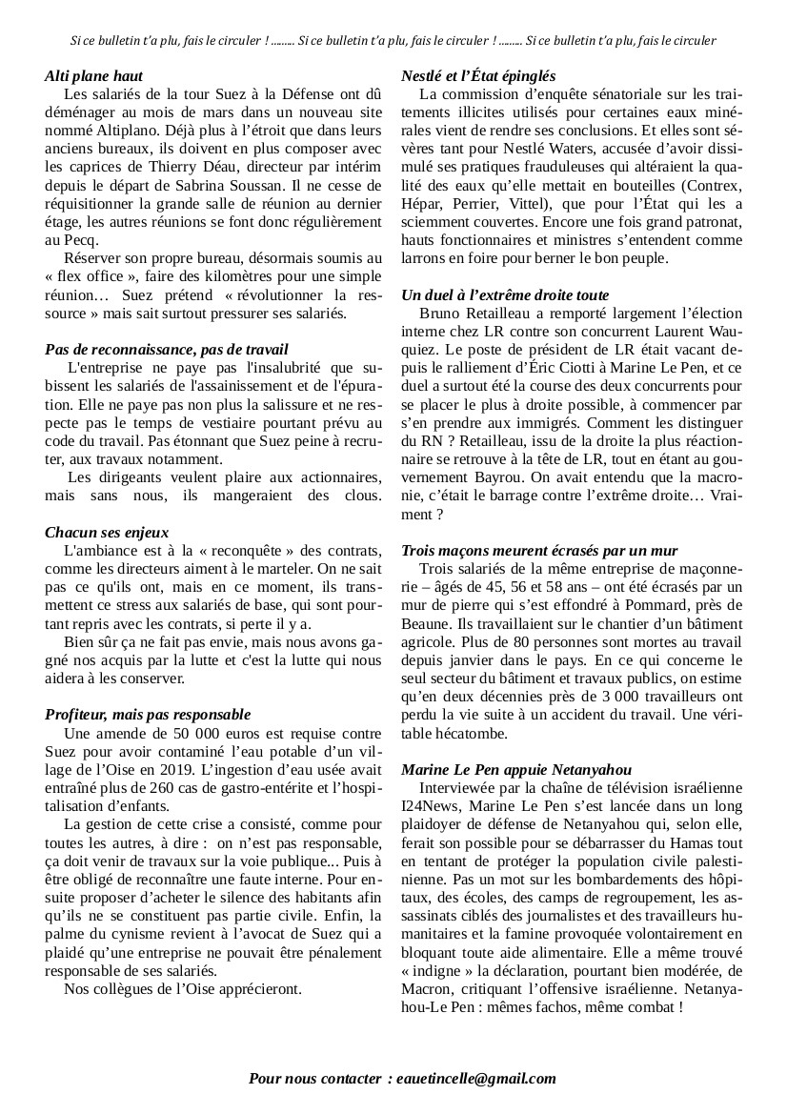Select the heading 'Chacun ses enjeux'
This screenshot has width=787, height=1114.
[107, 532]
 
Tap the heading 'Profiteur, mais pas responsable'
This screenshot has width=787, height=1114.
[148, 714]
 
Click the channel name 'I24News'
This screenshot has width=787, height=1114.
[429, 806]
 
